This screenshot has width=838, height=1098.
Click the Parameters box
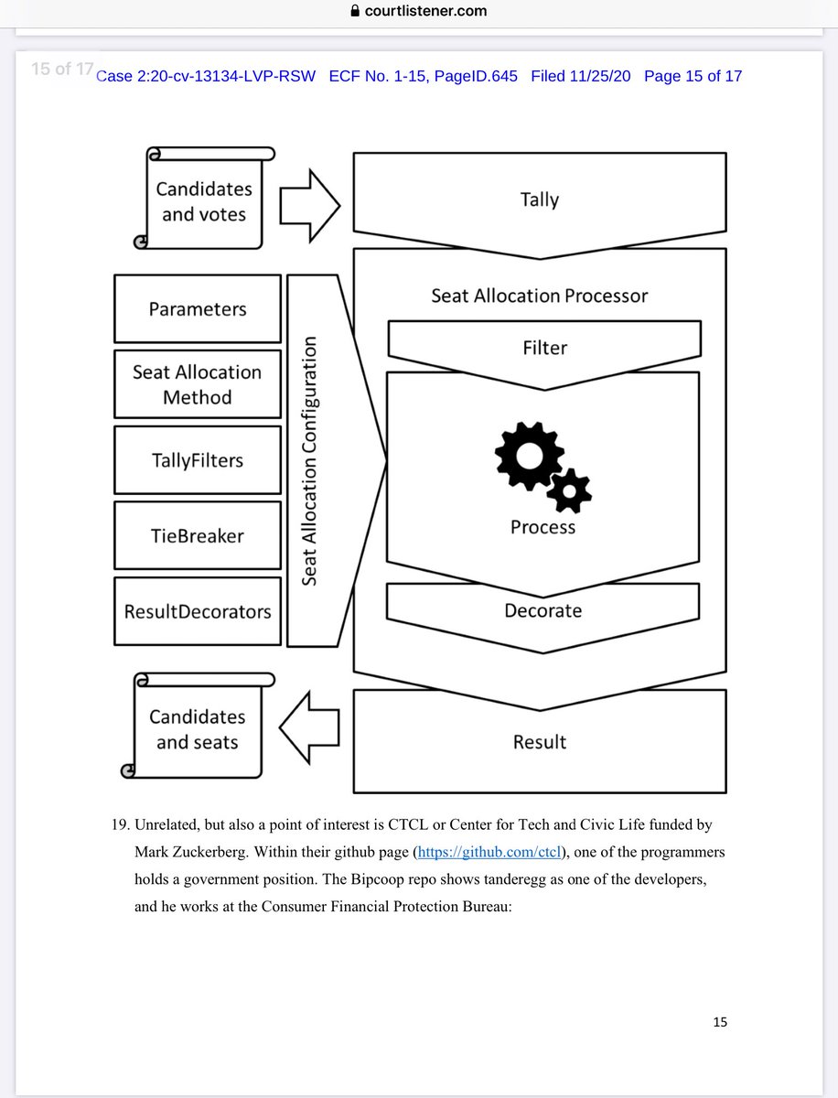(198, 309)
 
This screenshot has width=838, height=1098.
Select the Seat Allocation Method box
(198, 384)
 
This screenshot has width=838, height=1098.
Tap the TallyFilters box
(198, 460)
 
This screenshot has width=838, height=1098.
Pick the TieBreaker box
(198, 535)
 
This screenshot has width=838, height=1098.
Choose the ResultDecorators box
(198, 610)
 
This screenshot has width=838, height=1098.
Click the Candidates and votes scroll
(203, 201)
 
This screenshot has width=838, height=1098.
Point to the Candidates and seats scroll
(198, 729)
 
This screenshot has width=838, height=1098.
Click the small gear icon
(570, 491)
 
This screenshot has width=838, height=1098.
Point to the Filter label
(544, 348)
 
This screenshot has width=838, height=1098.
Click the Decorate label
(543, 610)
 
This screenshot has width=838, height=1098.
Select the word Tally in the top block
(539, 199)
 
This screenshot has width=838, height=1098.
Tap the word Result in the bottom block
(540, 742)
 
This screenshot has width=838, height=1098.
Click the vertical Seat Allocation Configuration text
(309, 460)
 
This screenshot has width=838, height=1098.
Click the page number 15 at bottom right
(720, 1022)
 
